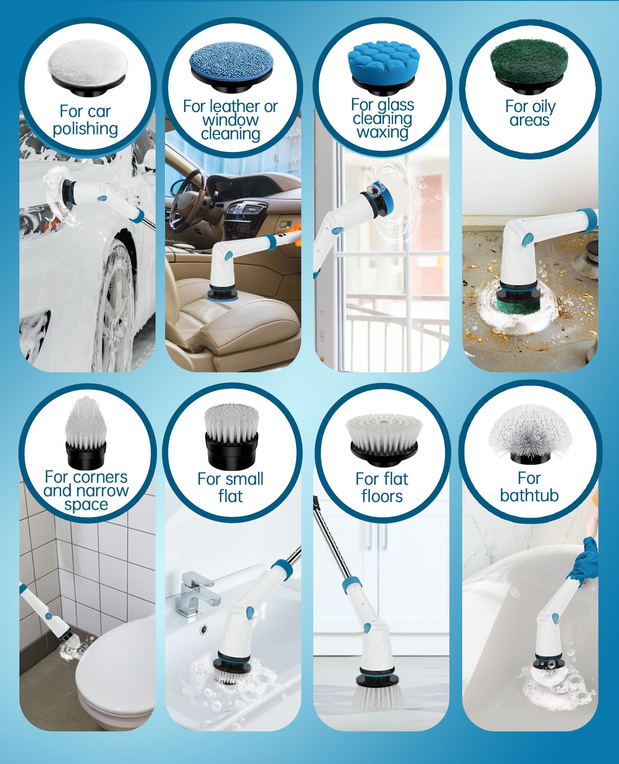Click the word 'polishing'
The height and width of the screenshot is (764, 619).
[85, 129]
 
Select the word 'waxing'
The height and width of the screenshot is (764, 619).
[383, 132]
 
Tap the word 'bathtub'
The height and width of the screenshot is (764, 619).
[529, 495]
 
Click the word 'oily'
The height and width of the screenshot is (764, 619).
[542, 107]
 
